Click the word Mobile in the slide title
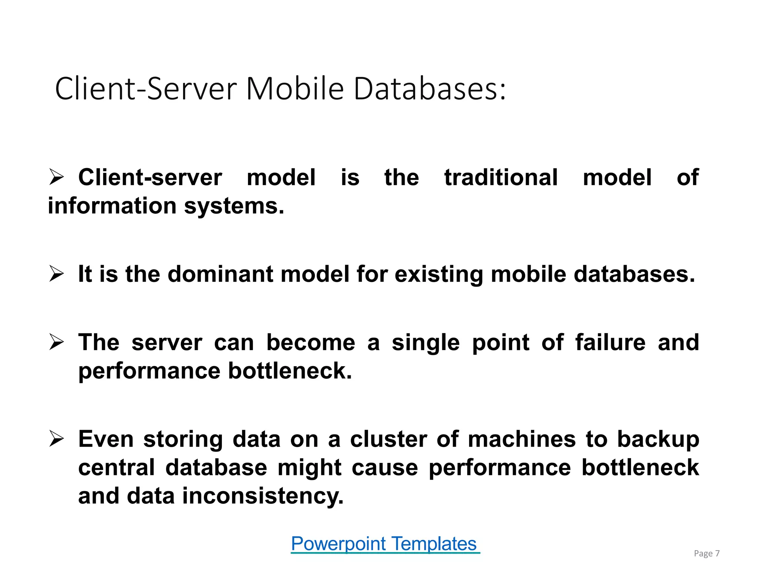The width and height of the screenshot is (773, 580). coord(295,89)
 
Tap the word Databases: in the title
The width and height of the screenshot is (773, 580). coord(430,89)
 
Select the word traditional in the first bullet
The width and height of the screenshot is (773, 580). coord(501,177)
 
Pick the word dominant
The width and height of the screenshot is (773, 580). coord(220,274)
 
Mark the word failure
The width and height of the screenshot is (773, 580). coord(610,342)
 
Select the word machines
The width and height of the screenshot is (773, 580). coord(522,439)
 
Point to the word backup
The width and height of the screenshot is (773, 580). coord(658,440)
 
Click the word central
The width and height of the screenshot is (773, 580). coord(116,467)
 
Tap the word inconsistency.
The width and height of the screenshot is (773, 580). coord(263,496)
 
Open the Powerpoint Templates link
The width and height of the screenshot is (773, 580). coord(385,544)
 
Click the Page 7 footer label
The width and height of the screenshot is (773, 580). coord(707,554)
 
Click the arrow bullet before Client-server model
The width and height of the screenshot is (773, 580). coord(57,177)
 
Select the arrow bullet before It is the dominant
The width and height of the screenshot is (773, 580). coord(57,274)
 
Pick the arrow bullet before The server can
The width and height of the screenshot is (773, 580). coord(57,342)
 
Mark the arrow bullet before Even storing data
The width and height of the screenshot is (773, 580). coord(57,439)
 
